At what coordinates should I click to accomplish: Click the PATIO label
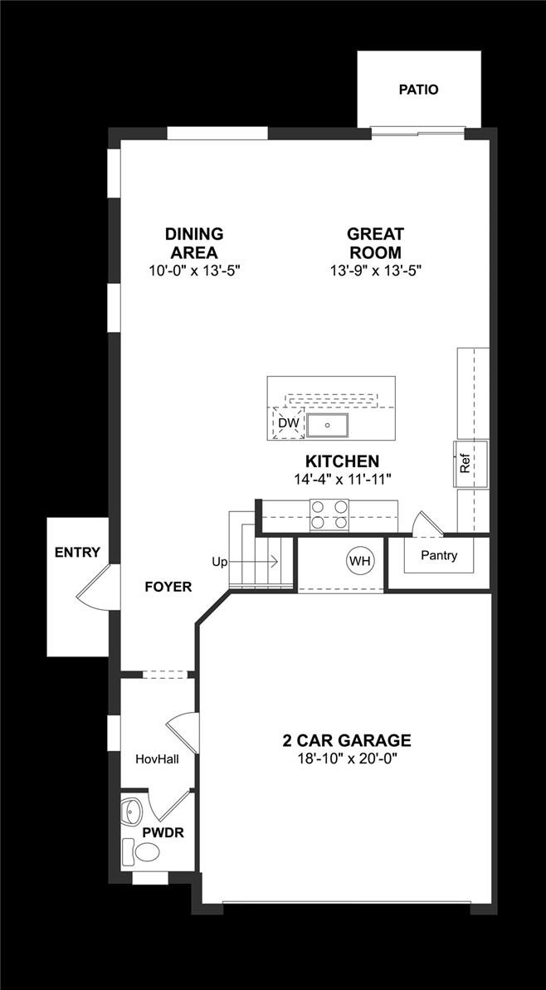tap(418, 90)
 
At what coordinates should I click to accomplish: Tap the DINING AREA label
tap(194, 243)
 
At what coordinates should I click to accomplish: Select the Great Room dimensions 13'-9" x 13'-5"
tap(375, 271)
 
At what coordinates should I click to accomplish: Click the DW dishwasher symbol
tap(288, 424)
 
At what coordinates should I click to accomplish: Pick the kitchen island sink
tap(329, 425)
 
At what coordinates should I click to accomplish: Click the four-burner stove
tap(329, 515)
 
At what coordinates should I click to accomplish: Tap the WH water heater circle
tap(359, 562)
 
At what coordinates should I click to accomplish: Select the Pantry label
tap(438, 556)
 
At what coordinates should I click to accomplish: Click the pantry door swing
tap(423, 523)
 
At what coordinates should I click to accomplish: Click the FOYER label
tap(168, 587)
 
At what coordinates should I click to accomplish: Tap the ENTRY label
tap(77, 553)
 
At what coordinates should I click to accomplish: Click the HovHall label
tap(158, 758)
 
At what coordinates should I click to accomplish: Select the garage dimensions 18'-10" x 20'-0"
tap(346, 758)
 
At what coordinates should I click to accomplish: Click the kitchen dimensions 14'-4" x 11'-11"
tap(342, 479)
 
